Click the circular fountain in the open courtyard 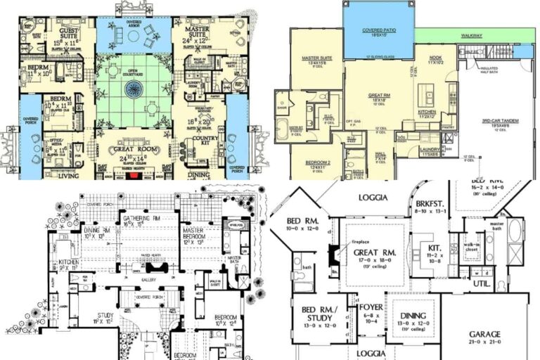[x=133, y=89]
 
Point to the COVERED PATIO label [x=378, y=31]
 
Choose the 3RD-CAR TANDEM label [x=500, y=122]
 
